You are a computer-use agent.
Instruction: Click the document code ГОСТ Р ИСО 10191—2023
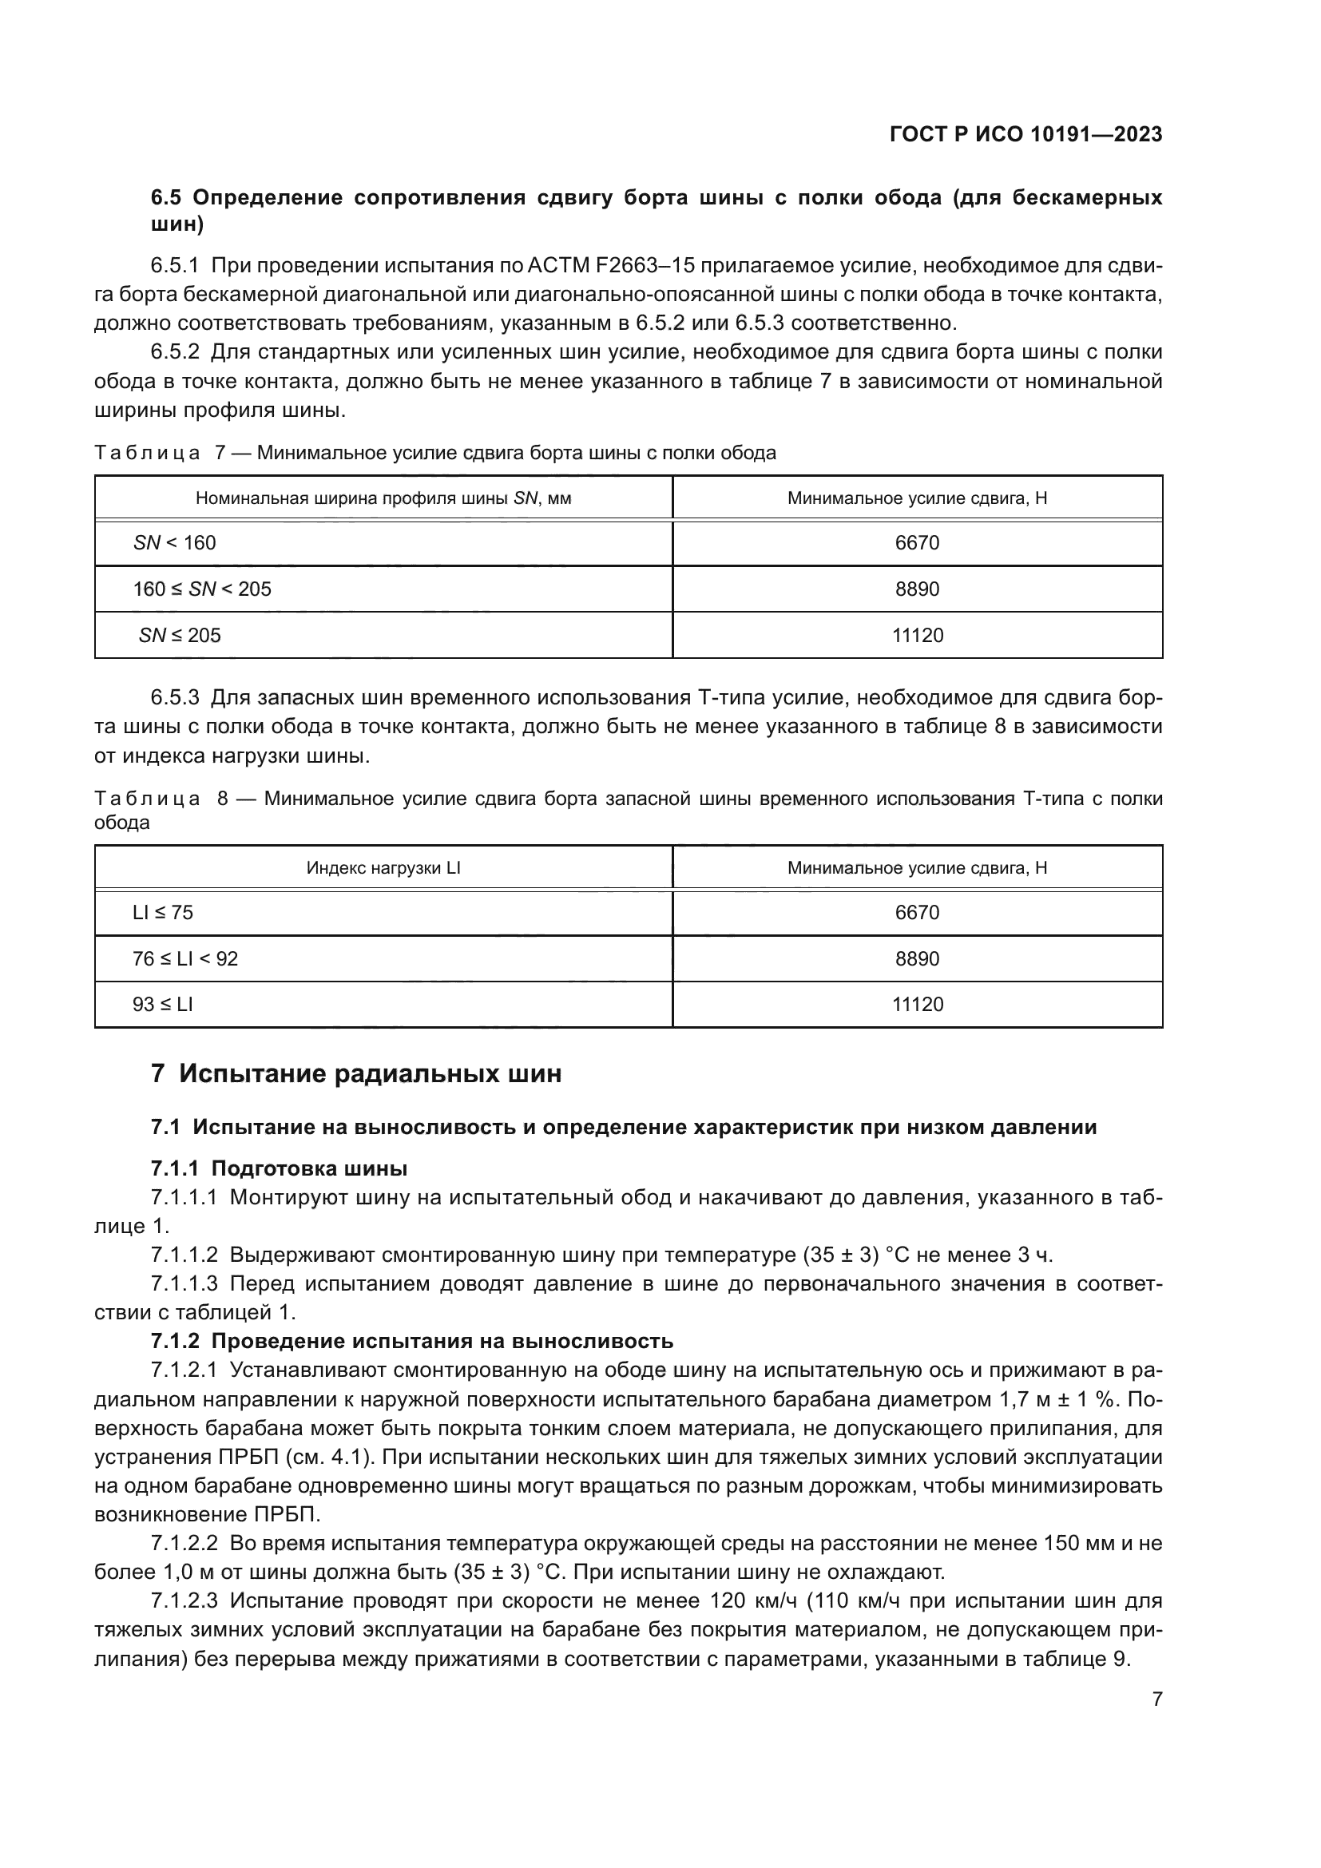coord(1025,134)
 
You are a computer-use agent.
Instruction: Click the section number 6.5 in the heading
coord(167,198)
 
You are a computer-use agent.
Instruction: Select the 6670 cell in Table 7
coord(917,542)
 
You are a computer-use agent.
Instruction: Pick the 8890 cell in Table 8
coord(917,958)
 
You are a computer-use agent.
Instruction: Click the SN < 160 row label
coord(175,542)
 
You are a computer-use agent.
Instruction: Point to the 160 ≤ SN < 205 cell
coord(202,589)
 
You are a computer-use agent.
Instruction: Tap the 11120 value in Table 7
coord(918,636)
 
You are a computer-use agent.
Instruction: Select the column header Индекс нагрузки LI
coord(383,868)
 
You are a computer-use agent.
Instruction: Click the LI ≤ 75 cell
coord(163,913)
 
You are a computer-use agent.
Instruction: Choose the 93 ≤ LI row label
coord(163,1005)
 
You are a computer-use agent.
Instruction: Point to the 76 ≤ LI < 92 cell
coord(185,958)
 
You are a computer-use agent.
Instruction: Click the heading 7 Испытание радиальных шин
coord(356,1074)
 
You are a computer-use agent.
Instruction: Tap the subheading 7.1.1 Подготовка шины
coord(279,1169)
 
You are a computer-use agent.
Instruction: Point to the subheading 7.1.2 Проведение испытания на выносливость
coord(411,1341)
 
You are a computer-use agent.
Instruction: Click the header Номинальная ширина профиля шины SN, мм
coord(383,498)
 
